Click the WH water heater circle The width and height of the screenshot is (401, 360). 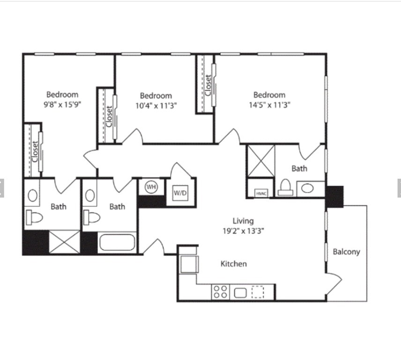(151, 187)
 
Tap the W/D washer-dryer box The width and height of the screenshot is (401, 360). (180, 193)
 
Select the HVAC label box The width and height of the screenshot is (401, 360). (261, 193)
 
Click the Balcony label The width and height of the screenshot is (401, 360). (346, 252)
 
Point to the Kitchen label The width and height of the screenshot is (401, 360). (233, 264)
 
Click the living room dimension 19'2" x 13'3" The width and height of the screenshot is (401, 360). (243, 231)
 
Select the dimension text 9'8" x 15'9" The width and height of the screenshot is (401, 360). (62, 105)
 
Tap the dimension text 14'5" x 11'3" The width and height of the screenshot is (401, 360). (269, 105)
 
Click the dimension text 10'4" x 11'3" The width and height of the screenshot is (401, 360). (156, 105)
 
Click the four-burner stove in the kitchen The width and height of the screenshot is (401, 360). (221, 292)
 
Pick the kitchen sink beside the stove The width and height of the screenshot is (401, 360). (240, 292)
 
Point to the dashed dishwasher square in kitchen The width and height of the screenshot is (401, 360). (258, 292)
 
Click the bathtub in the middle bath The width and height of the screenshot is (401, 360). (117, 242)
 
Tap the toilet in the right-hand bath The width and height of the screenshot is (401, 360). (285, 187)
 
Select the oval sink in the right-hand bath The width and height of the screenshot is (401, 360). (307, 188)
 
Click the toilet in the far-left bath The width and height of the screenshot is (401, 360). (34, 217)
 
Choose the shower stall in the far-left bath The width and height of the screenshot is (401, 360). (65, 242)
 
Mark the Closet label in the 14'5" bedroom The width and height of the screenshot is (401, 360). (208, 85)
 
